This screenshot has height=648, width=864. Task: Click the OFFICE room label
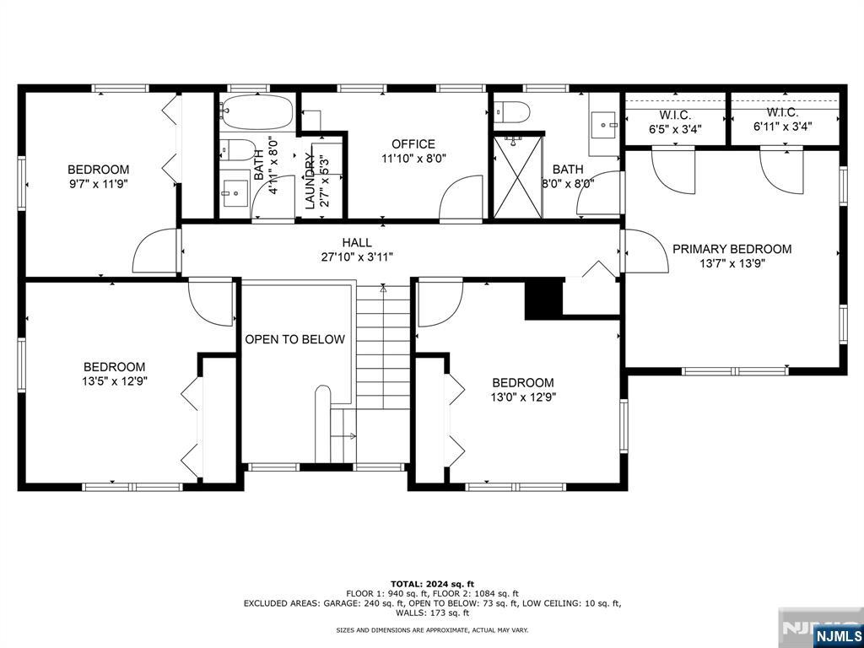click(x=413, y=143)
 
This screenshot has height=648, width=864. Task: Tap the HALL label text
click(x=357, y=242)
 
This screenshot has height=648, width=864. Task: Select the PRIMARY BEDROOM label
click(x=732, y=249)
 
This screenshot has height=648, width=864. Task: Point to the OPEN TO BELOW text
click(x=294, y=339)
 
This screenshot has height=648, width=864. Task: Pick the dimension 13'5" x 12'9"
click(x=114, y=381)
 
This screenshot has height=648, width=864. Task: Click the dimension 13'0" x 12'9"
click(x=523, y=397)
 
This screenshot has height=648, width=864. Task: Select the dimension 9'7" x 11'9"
click(x=98, y=183)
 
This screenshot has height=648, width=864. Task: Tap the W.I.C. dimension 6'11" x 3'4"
click(x=783, y=127)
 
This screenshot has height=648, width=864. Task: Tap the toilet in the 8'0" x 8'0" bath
click(x=510, y=111)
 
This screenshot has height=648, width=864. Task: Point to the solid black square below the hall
click(x=543, y=299)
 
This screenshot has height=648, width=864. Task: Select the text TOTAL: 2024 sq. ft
click(x=432, y=583)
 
